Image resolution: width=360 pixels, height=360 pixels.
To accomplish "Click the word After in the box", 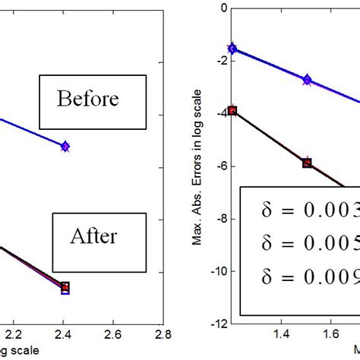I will click(x=93, y=236).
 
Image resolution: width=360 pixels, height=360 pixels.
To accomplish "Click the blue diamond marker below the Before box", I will click(x=65, y=145).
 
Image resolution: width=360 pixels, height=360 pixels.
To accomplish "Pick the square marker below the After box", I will click(x=65, y=287).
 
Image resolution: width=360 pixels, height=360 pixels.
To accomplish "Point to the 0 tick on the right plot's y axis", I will click(x=223, y=9).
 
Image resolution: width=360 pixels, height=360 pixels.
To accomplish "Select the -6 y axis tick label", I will click(x=222, y=167).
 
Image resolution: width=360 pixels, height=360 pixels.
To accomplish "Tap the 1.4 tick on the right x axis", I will click(x=282, y=333).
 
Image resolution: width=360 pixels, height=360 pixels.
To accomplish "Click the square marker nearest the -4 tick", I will click(x=232, y=110).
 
